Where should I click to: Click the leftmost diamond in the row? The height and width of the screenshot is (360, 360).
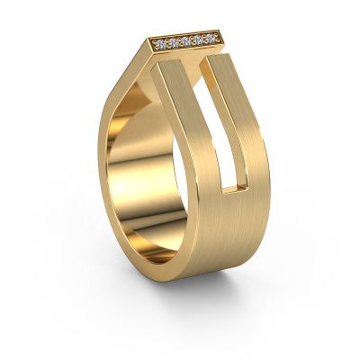163,43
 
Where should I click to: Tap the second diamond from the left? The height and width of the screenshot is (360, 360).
175,41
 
